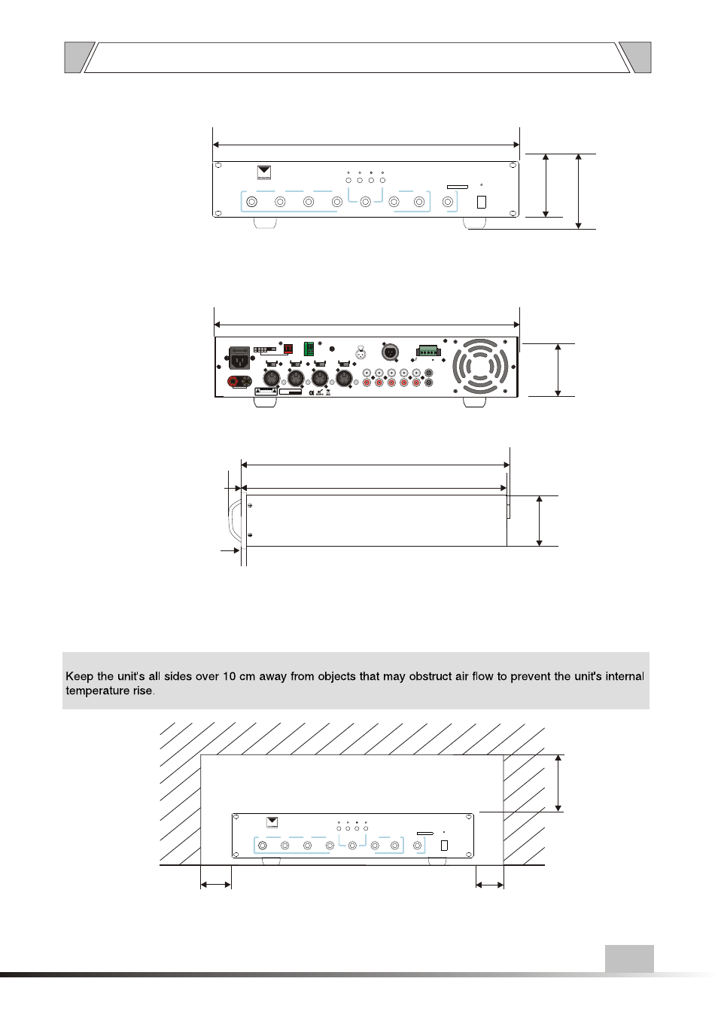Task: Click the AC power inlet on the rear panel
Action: pyautogui.click(x=239, y=358)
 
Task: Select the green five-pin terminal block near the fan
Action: pyautogui.click(x=427, y=351)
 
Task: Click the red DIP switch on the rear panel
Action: pyautogui.click(x=288, y=349)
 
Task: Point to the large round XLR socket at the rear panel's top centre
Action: pyautogui.click(x=390, y=351)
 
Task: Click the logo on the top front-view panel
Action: pyautogui.click(x=263, y=172)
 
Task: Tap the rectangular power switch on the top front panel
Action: pyautogui.click(x=482, y=202)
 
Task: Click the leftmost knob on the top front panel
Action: pyautogui.click(x=252, y=202)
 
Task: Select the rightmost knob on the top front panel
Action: pyautogui.click(x=448, y=202)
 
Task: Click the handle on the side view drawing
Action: pyautogui.click(x=234, y=520)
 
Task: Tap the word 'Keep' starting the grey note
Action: pyautogui.click(x=79, y=676)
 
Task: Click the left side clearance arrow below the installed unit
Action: pyautogui.click(x=216, y=885)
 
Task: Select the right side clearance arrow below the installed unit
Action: pyautogui.click(x=490, y=885)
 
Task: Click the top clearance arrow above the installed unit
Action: pyautogui.click(x=558, y=783)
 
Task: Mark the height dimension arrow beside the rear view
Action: pyautogui.click(x=558, y=370)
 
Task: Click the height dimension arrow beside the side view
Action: pyautogui.click(x=539, y=520)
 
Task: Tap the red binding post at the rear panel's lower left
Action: pyautogui.click(x=233, y=382)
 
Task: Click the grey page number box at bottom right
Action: pyautogui.click(x=629, y=959)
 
